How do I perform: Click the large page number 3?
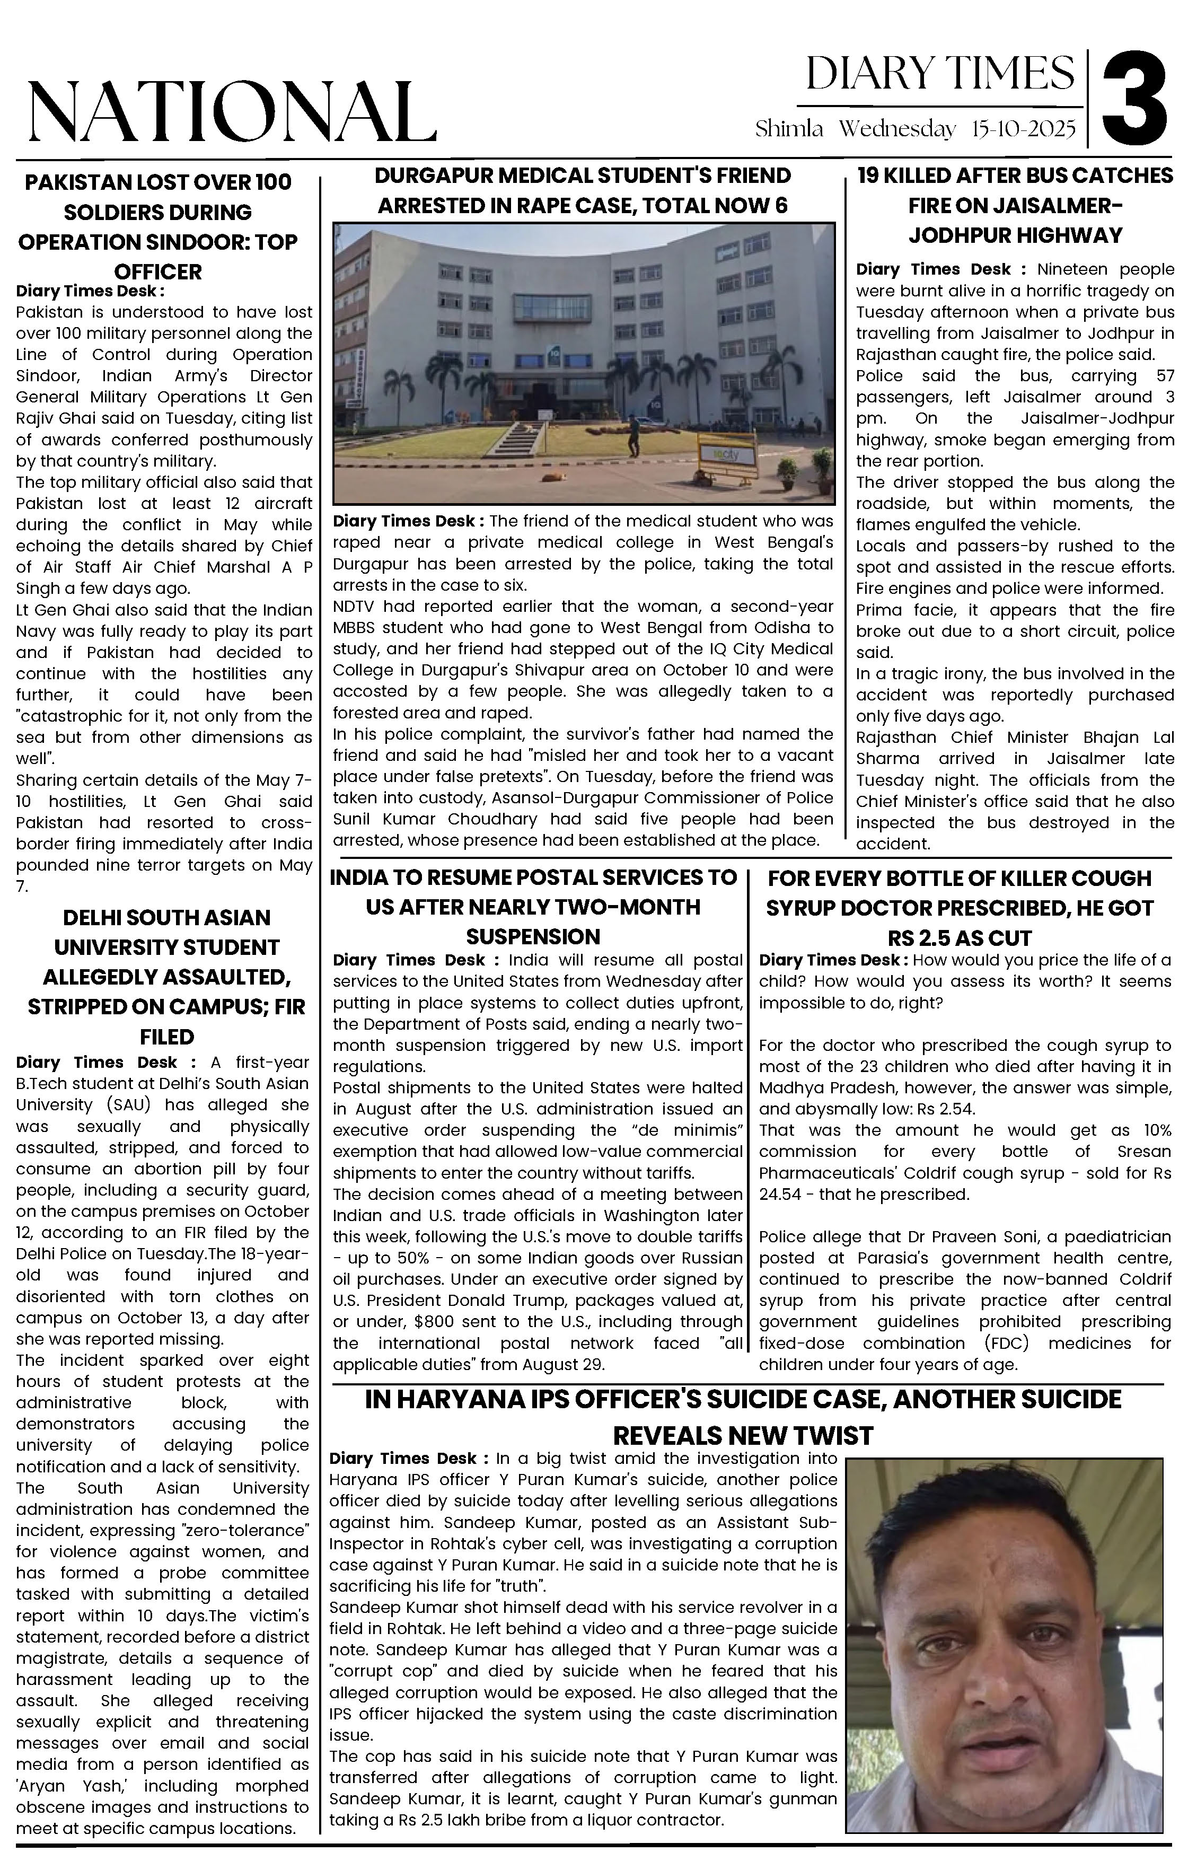click(1134, 98)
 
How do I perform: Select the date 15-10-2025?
click(1023, 129)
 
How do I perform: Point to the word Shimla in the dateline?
click(789, 129)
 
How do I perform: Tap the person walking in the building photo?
click(634, 437)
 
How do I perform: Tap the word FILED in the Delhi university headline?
click(167, 1037)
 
